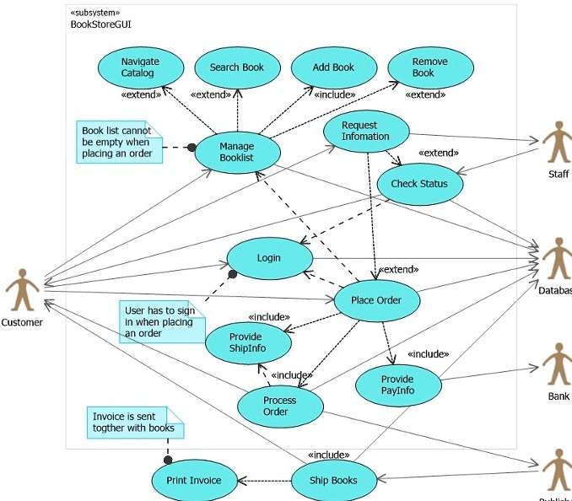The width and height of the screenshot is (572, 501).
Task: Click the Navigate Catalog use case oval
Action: coord(139,67)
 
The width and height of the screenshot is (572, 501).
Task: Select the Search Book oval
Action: coord(237,67)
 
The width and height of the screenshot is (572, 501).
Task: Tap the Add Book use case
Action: coord(333,67)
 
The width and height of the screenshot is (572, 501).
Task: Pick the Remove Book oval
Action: coord(430,67)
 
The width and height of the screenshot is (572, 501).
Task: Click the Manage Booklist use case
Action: coord(237,153)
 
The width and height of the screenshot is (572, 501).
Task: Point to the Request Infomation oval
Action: coord(366,132)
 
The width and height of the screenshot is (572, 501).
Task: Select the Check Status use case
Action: coord(419,184)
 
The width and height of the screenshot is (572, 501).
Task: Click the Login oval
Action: coord(269,258)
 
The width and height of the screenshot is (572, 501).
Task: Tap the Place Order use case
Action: coord(377,300)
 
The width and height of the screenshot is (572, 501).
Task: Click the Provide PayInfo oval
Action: coord(398,385)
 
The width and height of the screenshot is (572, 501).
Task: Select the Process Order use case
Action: coord(280,406)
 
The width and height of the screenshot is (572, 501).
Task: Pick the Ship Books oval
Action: coord(333,481)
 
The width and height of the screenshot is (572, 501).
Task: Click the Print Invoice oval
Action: coord(194,481)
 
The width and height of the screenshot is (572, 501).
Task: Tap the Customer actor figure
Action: coord(22,290)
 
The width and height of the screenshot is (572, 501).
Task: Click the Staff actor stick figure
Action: coord(556,143)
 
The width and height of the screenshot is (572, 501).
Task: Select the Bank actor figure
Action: coord(556,364)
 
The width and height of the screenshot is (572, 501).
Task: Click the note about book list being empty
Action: coord(119,142)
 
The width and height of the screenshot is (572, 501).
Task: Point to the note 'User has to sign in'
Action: coord(160,321)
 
